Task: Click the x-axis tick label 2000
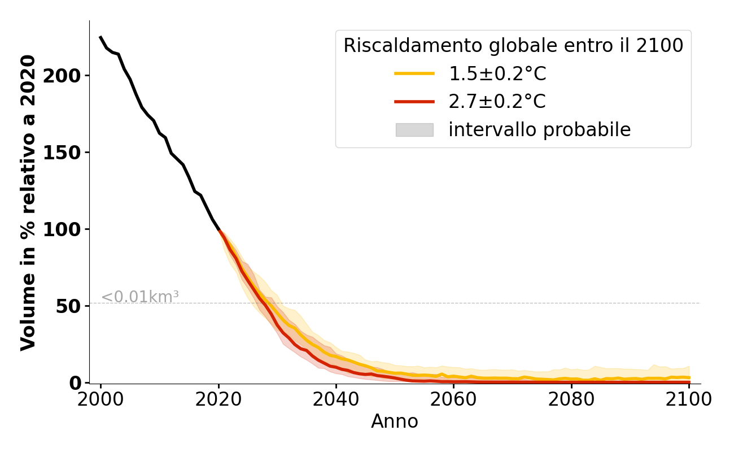[x=101, y=399]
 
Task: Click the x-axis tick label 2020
[x=219, y=399]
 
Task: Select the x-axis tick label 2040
[x=336, y=399]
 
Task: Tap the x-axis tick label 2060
[x=453, y=399]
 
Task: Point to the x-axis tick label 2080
[x=571, y=399]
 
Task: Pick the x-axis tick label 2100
[x=688, y=399]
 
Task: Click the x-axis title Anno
[x=395, y=422]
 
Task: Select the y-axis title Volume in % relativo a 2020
[x=28, y=202]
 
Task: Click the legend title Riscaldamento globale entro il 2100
[x=513, y=46]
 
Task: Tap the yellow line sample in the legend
[x=414, y=73]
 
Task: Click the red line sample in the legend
[x=414, y=102]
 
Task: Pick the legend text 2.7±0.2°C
[x=497, y=102]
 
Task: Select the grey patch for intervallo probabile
[x=414, y=130]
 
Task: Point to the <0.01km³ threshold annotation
[x=140, y=297]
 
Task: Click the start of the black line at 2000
[x=101, y=37]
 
